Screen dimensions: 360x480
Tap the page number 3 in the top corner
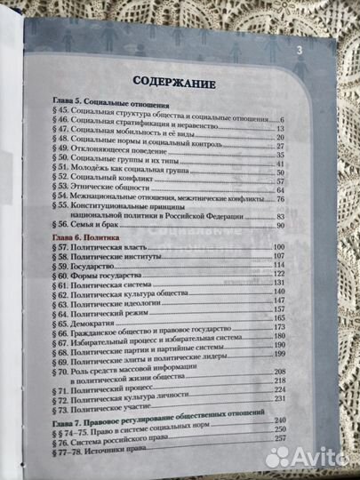point(300,51)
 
